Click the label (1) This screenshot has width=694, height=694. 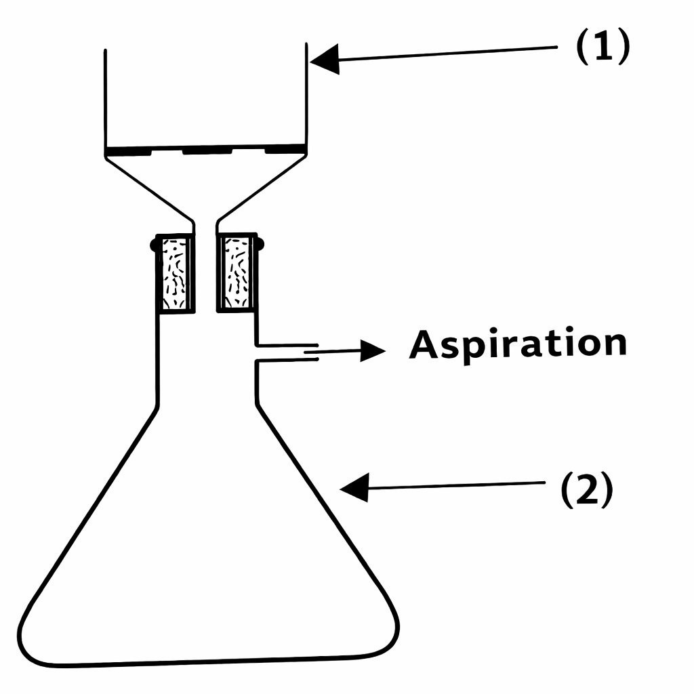click(603, 48)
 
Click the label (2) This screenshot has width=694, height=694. click(586, 491)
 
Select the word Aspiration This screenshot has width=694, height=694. click(518, 344)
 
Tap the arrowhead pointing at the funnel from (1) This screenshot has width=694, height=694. click(324, 59)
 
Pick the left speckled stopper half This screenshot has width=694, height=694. click(174, 273)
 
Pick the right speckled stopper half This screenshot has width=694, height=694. click(236, 273)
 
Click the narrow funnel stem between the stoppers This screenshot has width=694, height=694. click(205, 271)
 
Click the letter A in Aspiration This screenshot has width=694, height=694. click(423, 345)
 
